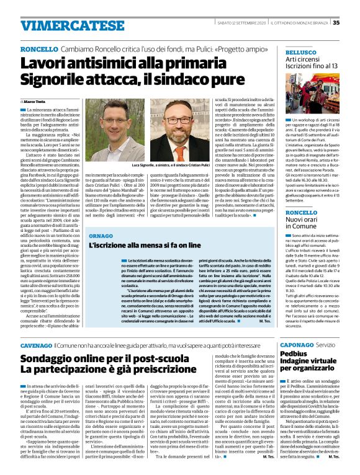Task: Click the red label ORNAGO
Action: tap(101, 236)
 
